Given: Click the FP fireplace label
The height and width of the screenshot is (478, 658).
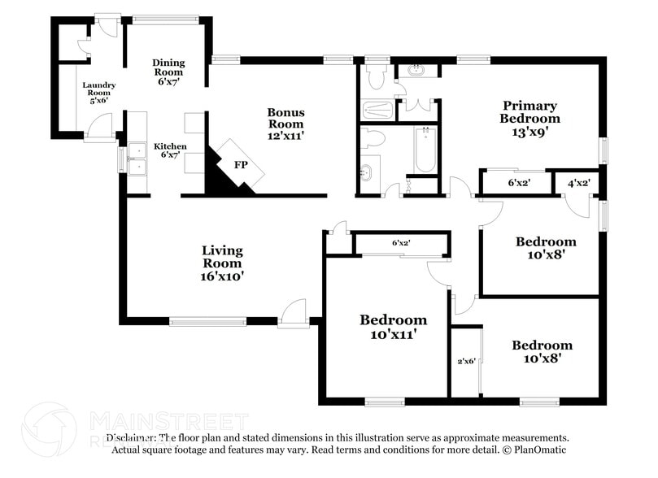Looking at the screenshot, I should click(240, 165).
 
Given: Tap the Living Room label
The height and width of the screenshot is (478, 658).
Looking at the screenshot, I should click(222, 263).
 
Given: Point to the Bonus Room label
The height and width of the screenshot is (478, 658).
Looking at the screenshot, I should click(286, 124).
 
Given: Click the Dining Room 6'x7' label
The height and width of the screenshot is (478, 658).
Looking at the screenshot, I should click(168, 72).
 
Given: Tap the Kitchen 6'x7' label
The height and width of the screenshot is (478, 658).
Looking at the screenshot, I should click(170, 151).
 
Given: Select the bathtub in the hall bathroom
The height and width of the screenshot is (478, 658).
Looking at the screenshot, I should click(425, 150).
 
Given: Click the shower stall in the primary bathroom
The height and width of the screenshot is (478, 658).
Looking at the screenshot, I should click(377, 110).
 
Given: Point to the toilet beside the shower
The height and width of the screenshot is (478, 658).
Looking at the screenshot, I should click(376, 78).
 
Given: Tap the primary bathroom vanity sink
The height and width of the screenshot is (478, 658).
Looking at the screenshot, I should click(416, 71).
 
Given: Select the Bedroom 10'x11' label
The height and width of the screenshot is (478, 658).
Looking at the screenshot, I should click(393, 326).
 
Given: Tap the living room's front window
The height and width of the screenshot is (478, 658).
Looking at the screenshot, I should click(207, 321).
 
